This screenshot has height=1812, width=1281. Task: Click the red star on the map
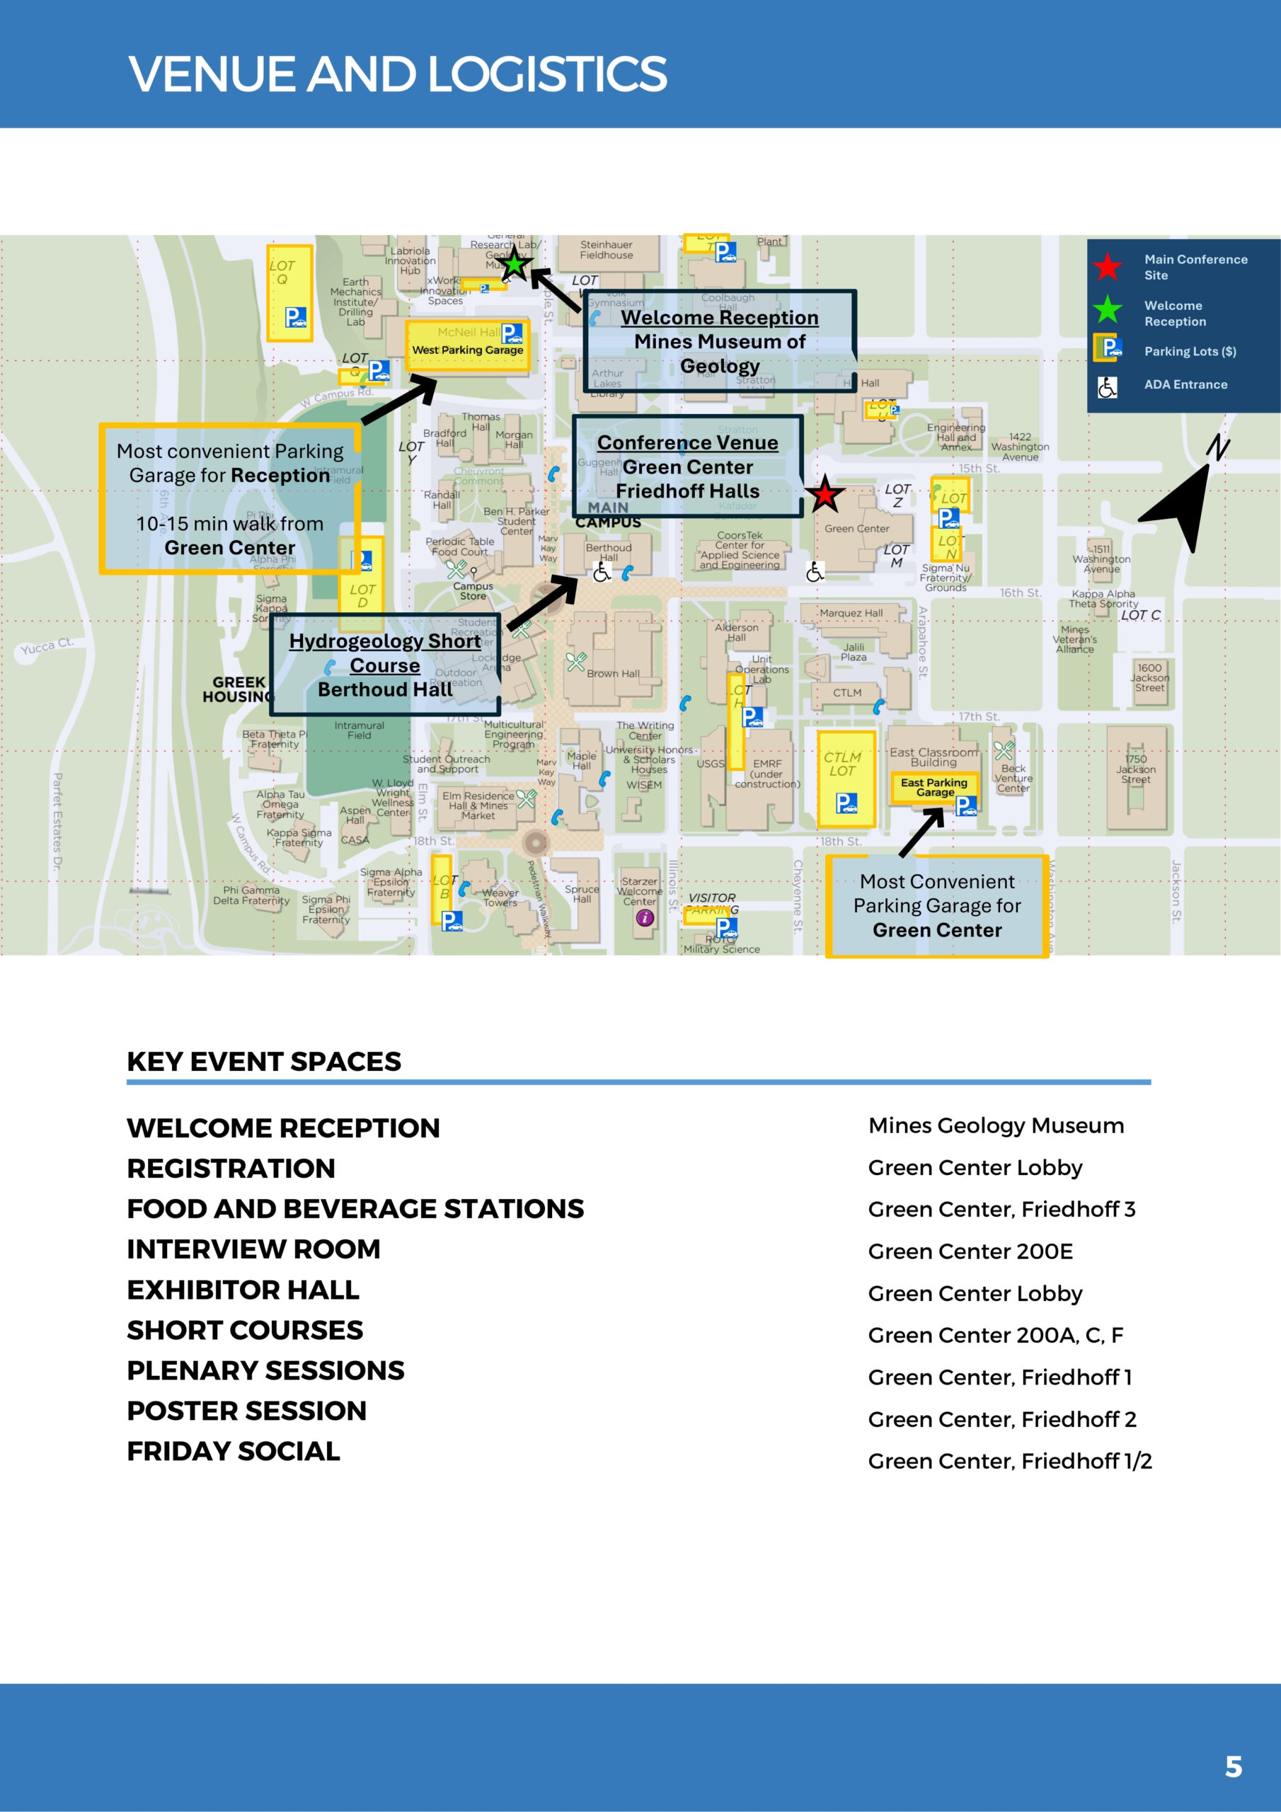[825, 495]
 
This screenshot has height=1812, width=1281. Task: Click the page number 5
[1233, 1765]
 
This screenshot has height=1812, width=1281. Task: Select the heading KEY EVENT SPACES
[263, 1062]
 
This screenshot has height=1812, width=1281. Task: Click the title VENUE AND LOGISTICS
[397, 74]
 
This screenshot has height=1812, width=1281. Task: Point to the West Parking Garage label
[467, 350]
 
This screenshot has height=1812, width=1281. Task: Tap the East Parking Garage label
[934, 787]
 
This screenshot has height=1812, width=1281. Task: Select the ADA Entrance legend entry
[1185, 384]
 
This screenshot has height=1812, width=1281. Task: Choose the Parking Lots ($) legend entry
[1190, 351]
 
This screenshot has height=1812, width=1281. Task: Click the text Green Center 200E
[970, 1251]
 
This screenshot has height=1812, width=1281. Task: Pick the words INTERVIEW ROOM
[253, 1249]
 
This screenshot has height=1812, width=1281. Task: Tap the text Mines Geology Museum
[996, 1125]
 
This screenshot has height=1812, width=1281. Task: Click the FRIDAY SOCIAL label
[234, 1451]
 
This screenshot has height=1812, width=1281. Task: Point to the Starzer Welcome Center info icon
[645, 917]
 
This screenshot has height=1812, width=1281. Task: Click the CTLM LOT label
[842, 764]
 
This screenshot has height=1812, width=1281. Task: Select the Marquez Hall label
[851, 613]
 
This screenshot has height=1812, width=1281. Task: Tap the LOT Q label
[282, 273]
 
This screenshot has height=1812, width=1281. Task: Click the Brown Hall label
[612, 674]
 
